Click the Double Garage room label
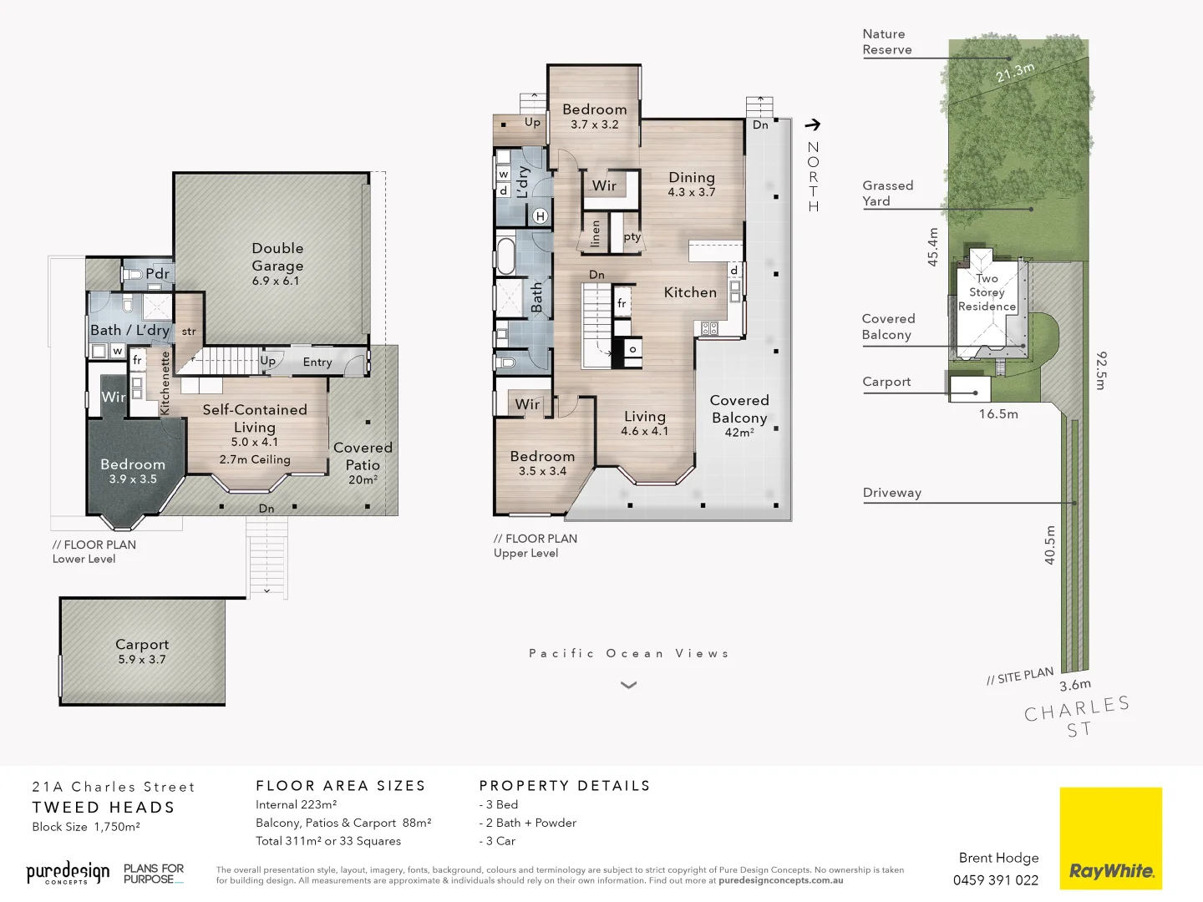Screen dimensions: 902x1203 277,263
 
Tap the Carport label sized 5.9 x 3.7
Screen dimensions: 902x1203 142,651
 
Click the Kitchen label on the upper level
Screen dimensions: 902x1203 690,292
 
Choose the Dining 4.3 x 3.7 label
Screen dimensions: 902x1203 692,184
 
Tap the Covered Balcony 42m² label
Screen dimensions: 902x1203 739,415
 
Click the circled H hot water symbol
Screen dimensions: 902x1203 541,216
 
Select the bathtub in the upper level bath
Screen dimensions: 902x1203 505,256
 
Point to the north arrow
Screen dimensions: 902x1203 813,125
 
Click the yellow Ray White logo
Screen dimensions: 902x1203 1110,838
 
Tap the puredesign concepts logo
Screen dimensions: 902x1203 68,873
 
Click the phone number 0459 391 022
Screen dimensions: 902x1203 996,880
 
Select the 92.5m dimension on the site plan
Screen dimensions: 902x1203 1101,370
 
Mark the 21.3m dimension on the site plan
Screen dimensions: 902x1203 1015,73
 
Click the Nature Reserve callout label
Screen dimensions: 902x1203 887,42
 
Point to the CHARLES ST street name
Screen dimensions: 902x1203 1078,717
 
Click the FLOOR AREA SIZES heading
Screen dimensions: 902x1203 341,786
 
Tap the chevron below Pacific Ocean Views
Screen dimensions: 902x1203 629,685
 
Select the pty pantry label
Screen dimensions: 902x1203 632,237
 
